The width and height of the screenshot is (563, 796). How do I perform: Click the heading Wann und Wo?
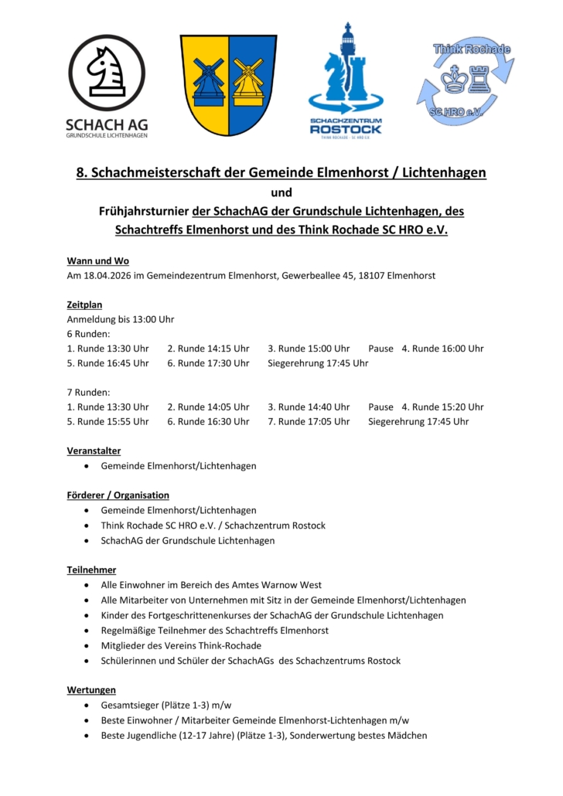click(x=97, y=261)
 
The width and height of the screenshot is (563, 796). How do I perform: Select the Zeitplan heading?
click(x=84, y=304)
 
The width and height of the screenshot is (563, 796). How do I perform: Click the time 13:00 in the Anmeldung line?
click(x=145, y=319)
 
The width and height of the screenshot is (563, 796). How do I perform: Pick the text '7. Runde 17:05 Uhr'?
click(x=309, y=421)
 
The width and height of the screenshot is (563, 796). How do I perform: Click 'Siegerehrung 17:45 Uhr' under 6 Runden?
click(x=318, y=362)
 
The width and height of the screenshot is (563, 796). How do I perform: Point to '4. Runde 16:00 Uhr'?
click(x=442, y=348)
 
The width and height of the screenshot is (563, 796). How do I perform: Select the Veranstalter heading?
click(x=94, y=451)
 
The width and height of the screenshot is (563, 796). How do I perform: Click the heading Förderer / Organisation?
click(x=118, y=495)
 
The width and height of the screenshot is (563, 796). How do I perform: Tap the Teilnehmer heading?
click(x=91, y=570)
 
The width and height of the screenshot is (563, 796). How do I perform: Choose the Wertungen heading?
click(x=91, y=689)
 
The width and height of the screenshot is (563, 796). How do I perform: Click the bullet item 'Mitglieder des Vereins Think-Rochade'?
click(x=181, y=645)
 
